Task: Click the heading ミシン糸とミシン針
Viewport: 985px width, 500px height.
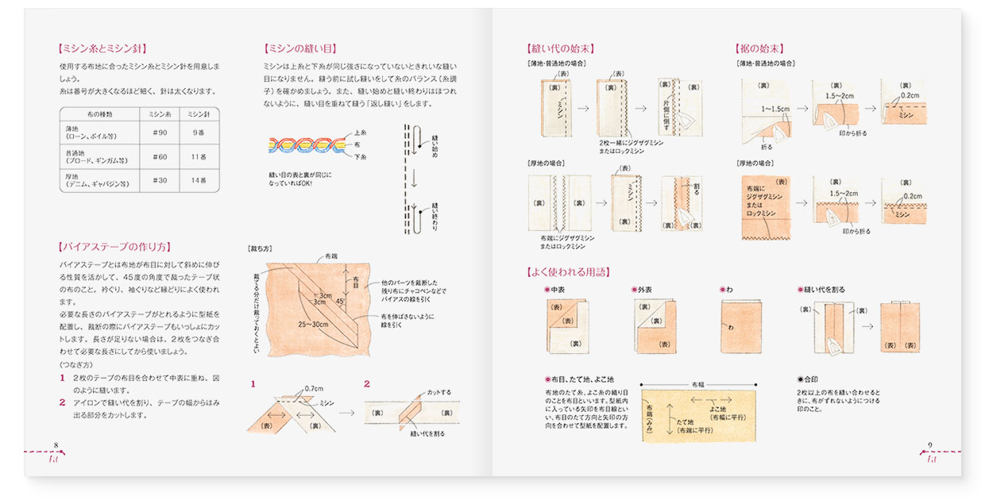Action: pyautogui.click(x=102, y=48)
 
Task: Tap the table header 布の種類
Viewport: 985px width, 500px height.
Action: pyautogui.click(x=99, y=113)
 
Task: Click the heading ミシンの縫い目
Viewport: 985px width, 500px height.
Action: pyautogui.click(x=297, y=48)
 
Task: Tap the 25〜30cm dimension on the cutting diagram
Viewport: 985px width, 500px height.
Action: pyautogui.click(x=314, y=324)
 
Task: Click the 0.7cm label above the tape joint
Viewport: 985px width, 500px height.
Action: pyautogui.click(x=315, y=389)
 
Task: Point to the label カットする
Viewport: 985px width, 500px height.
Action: pyautogui.click(x=438, y=392)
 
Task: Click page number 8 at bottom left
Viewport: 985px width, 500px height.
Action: pyautogui.click(x=56, y=444)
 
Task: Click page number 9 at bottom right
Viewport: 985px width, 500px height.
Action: pyautogui.click(x=930, y=444)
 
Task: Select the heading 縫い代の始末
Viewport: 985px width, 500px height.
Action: pyautogui.click(x=560, y=48)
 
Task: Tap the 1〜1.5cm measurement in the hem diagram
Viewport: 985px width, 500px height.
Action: pyautogui.click(x=774, y=108)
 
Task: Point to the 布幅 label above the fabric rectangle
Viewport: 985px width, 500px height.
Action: pyautogui.click(x=698, y=381)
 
